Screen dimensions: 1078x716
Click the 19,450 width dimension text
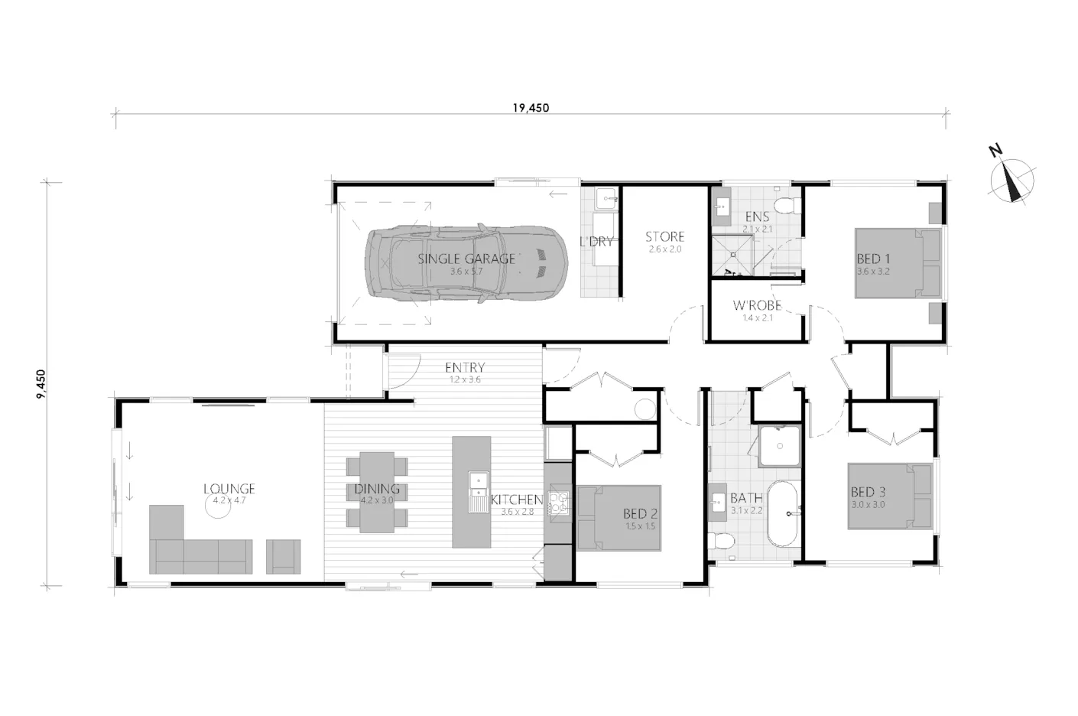pos(531,108)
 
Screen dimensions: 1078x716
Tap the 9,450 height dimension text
pos(41,384)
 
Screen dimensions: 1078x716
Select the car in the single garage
pos(466,263)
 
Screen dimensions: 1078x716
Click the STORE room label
pos(664,237)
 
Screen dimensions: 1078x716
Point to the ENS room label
pos(757,216)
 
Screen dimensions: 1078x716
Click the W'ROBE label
pos(757,305)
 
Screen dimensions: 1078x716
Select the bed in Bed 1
pos(898,263)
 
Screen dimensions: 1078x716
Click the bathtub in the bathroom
pos(782,514)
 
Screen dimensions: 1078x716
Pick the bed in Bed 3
pos(891,496)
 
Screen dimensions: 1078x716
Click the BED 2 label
pos(640,514)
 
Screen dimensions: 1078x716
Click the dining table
pos(377,492)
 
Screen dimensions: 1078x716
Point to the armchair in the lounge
pos(284,556)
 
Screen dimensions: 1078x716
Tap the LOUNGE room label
pos(229,490)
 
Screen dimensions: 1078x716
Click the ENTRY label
pos(465,368)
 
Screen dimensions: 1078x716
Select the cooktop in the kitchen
pos(559,503)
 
